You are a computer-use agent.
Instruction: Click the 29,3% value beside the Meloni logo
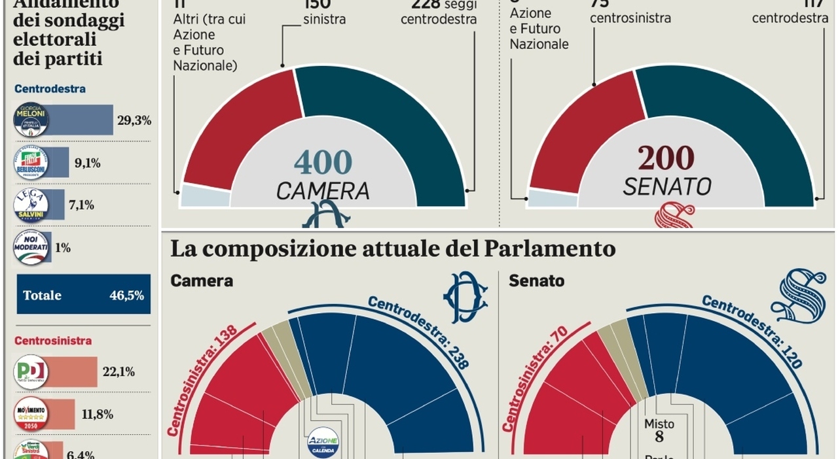tap(134, 120)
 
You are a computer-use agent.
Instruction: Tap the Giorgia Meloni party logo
tap(31, 120)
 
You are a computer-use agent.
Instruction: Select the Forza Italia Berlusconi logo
tap(31, 162)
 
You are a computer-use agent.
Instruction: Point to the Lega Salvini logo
tap(31, 205)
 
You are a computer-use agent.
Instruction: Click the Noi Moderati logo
tap(31, 248)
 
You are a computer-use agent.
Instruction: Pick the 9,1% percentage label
tap(87, 163)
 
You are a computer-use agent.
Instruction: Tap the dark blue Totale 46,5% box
tap(83, 295)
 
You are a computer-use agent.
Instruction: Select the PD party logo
tap(31, 371)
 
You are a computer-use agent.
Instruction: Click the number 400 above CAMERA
tap(323, 163)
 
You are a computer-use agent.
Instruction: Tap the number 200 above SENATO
tap(666, 159)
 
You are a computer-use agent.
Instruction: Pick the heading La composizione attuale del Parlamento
tap(393, 249)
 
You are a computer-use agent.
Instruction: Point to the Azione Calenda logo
tap(323, 442)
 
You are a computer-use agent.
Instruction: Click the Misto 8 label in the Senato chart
tap(659, 431)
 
